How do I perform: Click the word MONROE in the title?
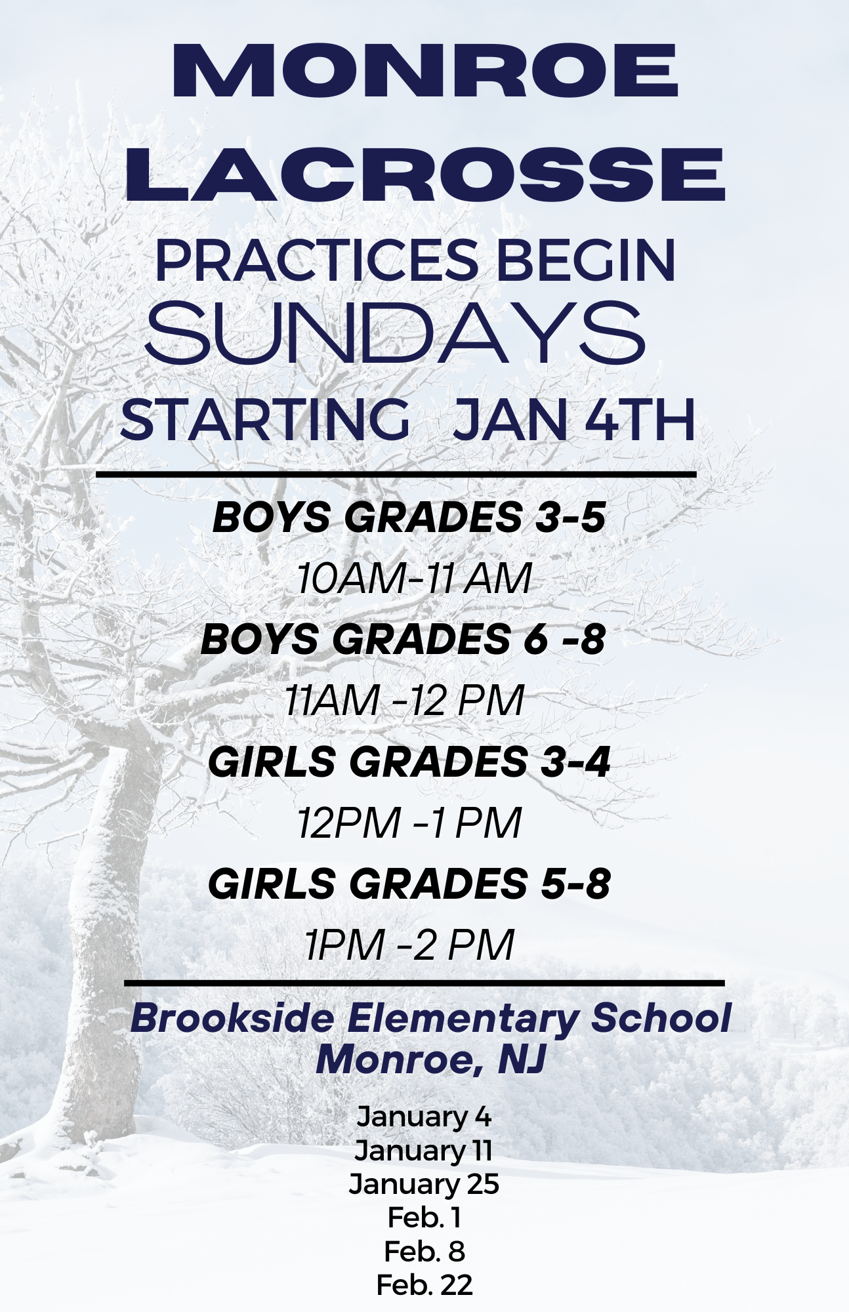click(424, 71)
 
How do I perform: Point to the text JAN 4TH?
click(574, 419)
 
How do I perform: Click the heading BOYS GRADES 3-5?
click(409, 517)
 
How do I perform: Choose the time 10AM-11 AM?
click(413, 579)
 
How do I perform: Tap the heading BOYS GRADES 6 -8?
click(403, 639)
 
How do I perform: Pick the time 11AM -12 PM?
click(404, 700)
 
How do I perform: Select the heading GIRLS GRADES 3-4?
click(409, 762)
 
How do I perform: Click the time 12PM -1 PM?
click(409, 823)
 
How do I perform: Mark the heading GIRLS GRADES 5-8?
click(409, 884)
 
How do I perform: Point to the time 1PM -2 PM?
click(409, 945)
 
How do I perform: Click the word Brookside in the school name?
click(232, 1019)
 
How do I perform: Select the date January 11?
click(423, 1151)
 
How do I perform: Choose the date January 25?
click(424, 1184)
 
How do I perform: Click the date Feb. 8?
click(424, 1251)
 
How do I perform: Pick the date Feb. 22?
click(424, 1284)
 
